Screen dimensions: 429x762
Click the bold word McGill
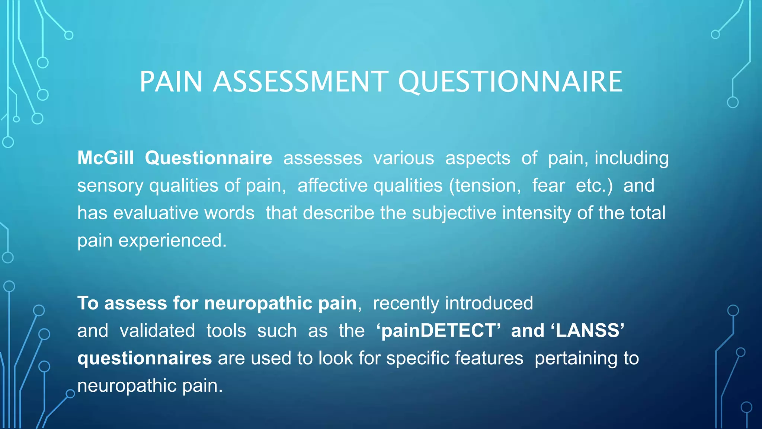point(105,158)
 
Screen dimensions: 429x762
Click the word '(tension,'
point(485,186)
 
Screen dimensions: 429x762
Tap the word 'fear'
point(548,185)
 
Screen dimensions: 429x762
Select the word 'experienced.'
point(172,241)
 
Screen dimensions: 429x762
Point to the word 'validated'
point(157,331)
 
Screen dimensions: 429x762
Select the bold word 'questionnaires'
point(144,358)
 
